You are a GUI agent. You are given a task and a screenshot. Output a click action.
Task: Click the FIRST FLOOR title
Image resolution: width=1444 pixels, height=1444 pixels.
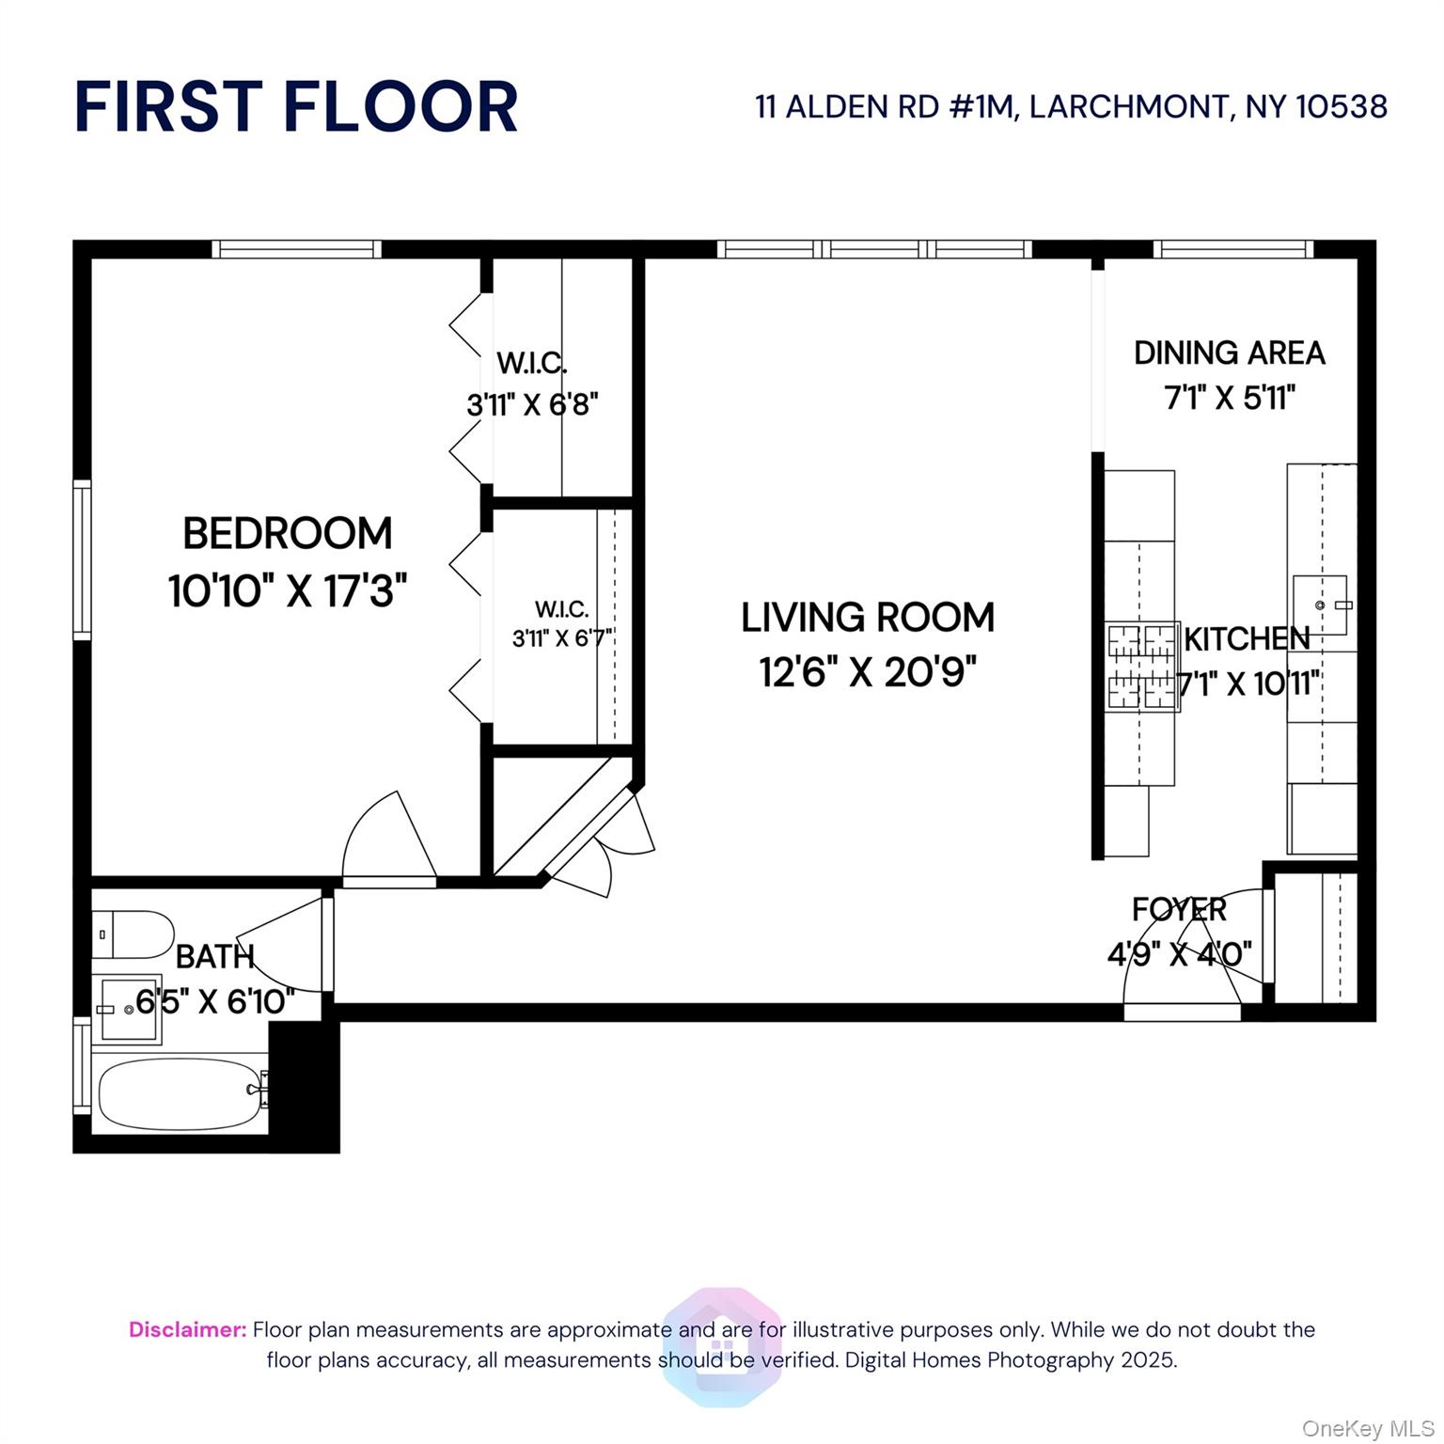click(296, 106)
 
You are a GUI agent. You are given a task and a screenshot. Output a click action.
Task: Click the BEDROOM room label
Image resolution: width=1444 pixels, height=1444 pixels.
click(287, 534)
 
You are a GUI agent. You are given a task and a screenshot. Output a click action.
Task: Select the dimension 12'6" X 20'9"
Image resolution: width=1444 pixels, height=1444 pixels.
click(867, 672)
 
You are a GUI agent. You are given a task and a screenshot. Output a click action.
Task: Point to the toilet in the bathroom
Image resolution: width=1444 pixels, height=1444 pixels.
click(133, 934)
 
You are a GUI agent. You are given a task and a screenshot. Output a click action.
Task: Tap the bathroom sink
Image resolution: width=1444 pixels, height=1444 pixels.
click(129, 1009)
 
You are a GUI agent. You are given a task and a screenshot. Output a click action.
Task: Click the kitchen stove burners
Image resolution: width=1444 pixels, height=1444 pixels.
click(1141, 667)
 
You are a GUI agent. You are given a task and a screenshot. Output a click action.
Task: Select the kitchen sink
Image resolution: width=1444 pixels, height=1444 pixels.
click(1320, 604)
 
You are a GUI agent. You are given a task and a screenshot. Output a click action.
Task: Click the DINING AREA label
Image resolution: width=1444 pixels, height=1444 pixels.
click(1229, 353)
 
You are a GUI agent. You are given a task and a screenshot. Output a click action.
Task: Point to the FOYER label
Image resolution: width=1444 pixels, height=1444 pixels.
click(1179, 910)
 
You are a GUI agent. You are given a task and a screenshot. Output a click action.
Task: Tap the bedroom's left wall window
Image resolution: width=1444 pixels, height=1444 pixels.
click(83, 559)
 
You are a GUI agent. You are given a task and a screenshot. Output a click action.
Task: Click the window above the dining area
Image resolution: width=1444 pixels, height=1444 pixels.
click(1232, 249)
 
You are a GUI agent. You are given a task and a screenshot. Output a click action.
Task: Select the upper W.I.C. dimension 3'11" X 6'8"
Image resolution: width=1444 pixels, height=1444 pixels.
click(532, 405)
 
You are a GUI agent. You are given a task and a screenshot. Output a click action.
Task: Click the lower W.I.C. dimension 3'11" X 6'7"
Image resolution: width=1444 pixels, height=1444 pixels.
click(562, 638)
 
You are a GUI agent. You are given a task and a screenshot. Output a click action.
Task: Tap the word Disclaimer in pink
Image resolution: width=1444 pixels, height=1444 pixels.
click(187, 1329)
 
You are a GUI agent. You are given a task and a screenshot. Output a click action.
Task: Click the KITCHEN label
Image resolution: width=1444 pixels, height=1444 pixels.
click(1246, 639)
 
